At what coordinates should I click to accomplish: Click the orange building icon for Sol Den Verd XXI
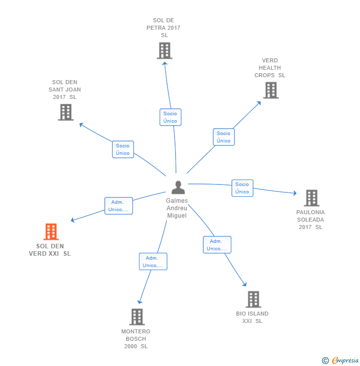(51, 231)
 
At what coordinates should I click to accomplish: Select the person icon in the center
(178, 187)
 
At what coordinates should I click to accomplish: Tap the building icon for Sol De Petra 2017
(164, 50)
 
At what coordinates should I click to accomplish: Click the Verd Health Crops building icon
(270, 90)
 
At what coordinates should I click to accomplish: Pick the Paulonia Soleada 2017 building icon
(311, 198)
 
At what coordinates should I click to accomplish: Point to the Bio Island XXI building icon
(253, 299)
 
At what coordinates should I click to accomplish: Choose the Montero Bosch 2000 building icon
(136, 317)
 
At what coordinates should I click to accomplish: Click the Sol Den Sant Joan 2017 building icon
(65, 112)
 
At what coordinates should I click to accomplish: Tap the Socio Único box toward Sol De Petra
(170, 117)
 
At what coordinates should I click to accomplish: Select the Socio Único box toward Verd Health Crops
(224, 137)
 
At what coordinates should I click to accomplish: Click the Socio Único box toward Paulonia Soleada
(242, 188)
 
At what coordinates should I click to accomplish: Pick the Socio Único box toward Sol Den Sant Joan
(123, 149)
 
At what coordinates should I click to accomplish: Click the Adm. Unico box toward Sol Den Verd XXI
(119, 206)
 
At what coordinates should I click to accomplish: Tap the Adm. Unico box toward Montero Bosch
(153, 262)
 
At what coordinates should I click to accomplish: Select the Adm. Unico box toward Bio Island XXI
(217, 245)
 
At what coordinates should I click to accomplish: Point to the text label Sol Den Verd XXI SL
(50, 250)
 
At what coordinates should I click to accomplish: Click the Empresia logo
(344, 361)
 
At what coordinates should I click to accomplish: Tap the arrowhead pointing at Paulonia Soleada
(295, 193)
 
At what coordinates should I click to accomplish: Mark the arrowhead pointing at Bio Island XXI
(244, 284)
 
